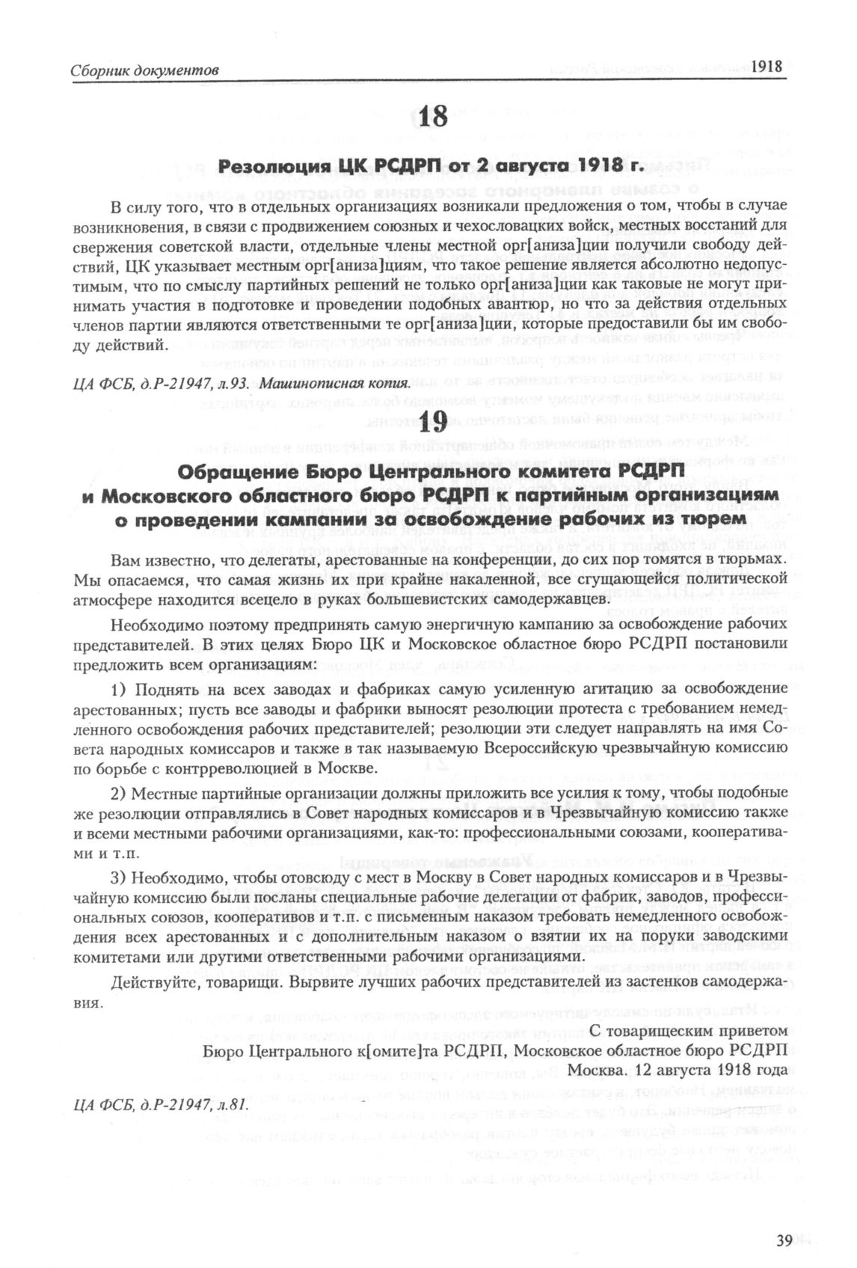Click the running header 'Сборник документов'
click(144, 70)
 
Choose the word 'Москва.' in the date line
click(595, 1071)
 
